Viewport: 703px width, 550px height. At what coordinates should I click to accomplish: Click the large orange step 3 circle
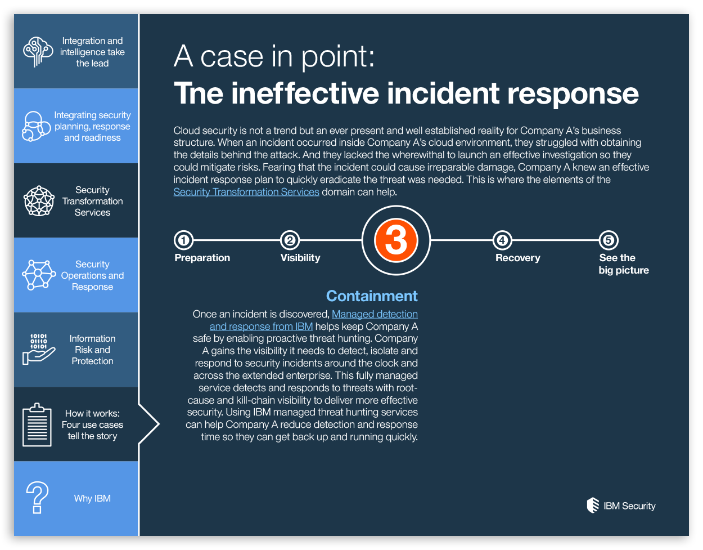click(x=396, y=240)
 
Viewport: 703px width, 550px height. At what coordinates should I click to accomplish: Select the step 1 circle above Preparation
click(x=183, y=240)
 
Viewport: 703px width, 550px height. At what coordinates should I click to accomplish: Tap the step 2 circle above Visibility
click(x=290, y=240)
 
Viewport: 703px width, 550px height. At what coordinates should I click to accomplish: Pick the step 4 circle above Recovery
click(x=502, y=240)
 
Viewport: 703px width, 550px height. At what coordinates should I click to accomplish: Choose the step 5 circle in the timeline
click(x=608, y=240)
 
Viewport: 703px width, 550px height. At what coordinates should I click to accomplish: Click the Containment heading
click(x=372, y=296)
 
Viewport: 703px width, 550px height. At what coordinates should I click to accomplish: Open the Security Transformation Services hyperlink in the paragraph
click(x=246, y=192)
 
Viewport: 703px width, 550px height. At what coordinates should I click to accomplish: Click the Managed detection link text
click(x=375, y=314)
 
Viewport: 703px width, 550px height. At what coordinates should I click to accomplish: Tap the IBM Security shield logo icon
click(x=593, y=506)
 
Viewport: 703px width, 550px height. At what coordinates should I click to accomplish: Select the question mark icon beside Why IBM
click(x=37, y=498)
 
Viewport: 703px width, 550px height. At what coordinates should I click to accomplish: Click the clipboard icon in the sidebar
click(x=37, y=424)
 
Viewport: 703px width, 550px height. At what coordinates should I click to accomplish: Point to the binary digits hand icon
click(x=38, y=349)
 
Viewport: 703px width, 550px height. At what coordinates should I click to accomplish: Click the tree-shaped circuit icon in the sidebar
click(x=38, y=52)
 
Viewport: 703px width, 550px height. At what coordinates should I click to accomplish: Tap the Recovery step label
click(x=517, y=258)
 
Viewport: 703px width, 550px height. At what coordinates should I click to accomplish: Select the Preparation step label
click(x=202, y=258)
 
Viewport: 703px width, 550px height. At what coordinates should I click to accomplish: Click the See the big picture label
click(x=623, y=264)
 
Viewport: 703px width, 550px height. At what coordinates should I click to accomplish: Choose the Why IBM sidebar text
click(x=92, y=498)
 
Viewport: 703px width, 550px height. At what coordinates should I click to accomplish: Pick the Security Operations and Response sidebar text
click(x=92, y=275)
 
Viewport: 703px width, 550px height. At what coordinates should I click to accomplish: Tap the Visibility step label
click(x=300, y=258)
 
